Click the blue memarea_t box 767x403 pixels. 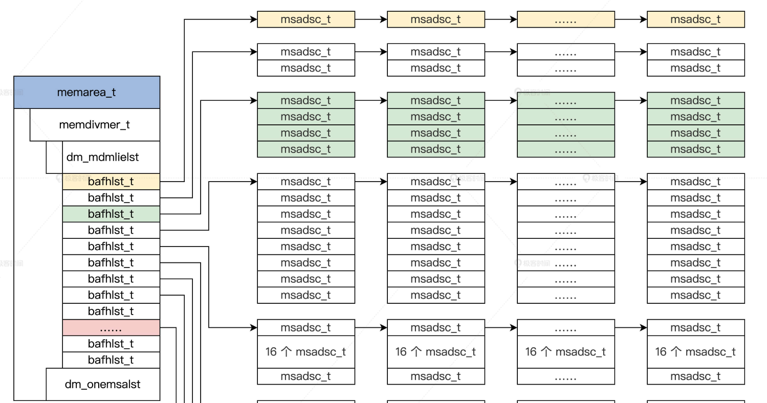pyautogui.click(x=86, y=93)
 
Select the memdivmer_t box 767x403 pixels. pyautogui.click(x=95, y=125)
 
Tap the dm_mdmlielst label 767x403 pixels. pyautogui.click(x=103, y=157)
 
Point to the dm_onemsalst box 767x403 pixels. pyautogui.click(x=103, y=384)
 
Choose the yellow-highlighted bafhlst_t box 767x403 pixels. pyautogui.click(x=111, y=182)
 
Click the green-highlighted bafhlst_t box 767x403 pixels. pyautogui.click(x=111, y=214)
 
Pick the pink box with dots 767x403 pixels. pyautogui.click(x=111, y=328)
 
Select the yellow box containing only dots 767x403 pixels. pyautogui.click(x=565, y=20)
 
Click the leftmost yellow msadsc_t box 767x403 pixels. pyautogui.click(x=305, y=20)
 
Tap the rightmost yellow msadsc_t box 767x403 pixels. pyautogui.click(x=695, y=20)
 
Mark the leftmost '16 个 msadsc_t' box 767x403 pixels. pyautogui.click(x=305, y=352)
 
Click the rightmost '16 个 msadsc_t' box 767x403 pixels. pyautogui.click(x=695, y=352)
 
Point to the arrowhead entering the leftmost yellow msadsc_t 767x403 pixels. pyautogui.click(x=253, y=20)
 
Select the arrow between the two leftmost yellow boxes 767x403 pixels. pyautogui.click(x=371, y=20)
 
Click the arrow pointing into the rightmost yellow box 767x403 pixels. pyautogui.click(x=631, y=20)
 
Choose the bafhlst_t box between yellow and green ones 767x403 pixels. pyautogui.click(x=111, y=198)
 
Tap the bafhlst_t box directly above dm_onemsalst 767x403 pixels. pyautogui.click(x=111, y=360)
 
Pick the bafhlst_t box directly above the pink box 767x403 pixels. pyautogui.click(x=111, y=311)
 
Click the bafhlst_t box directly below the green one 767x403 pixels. pyautogui.click(x=111, y=230)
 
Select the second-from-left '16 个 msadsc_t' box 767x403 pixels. pyautogui.click(x=435, y=352)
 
